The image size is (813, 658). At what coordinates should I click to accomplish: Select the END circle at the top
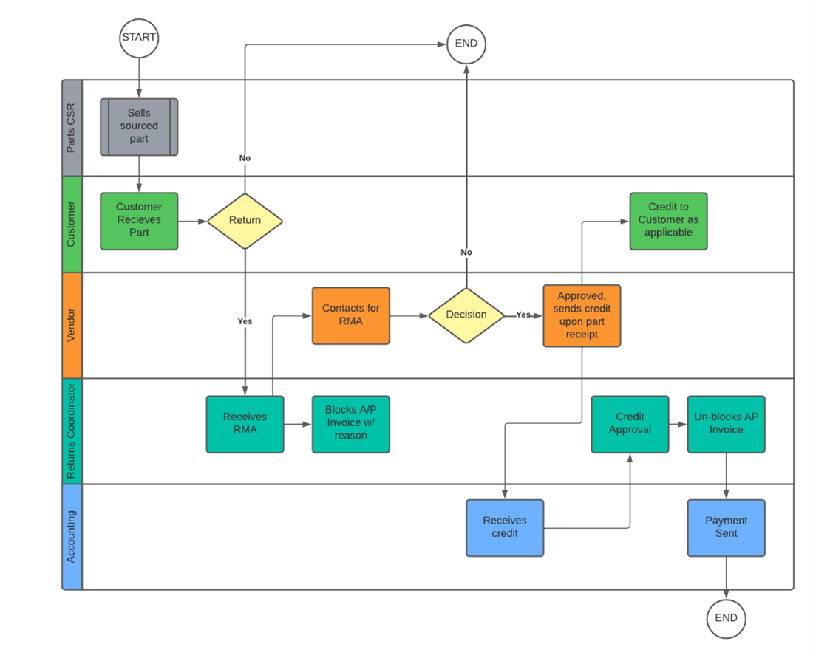coord(466,43)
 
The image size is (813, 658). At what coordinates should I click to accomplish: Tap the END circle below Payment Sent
coord(726,618)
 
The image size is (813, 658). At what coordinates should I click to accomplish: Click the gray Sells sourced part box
coord(139,126)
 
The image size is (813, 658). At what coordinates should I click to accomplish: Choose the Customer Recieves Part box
coord(139,220)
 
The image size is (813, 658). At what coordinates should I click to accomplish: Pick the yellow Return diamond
coord(245,220)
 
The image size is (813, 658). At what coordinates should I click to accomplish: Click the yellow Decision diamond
coord(466,315)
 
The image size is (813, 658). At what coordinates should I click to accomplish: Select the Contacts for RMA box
coord(351,315)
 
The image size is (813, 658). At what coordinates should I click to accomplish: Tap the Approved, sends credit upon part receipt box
coord(582,315)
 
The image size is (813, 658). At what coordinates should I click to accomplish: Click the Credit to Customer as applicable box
coord(668,221)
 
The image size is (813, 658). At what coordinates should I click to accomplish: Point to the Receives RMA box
coord(245,424)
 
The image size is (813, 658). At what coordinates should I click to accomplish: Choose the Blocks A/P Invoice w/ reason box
coord(350,424)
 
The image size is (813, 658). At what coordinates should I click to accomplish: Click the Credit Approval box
coord(630,424)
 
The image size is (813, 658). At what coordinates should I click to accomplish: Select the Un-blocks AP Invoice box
coord(726,424)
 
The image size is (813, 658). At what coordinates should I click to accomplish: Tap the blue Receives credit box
coord(505,527)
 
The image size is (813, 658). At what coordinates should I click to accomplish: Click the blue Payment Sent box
coord(726,527)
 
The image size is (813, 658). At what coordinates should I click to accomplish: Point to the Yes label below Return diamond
coord(245,321)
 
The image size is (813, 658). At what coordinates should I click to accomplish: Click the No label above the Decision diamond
coord(466,253)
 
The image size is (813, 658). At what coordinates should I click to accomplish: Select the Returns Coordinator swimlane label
coord(72,431)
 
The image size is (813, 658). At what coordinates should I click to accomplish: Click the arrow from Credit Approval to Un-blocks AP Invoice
coord(678,424)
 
